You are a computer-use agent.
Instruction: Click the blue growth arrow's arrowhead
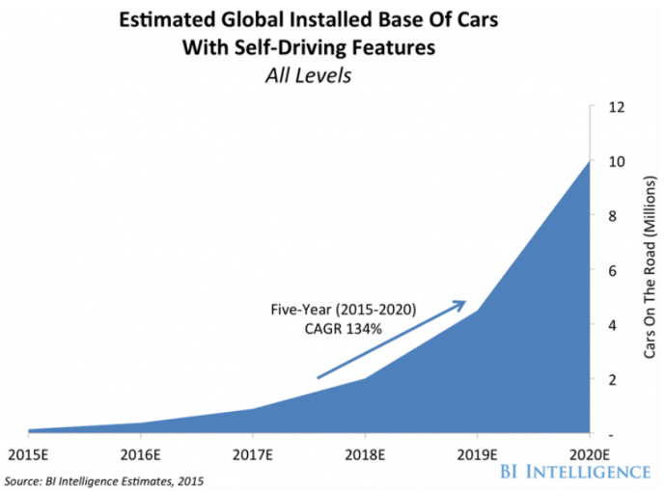[462, 306]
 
